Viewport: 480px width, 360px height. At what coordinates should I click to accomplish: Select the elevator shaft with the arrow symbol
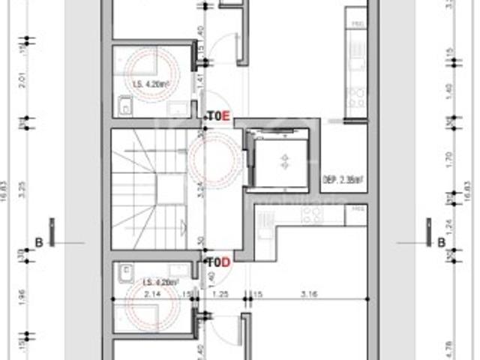pos(284,160)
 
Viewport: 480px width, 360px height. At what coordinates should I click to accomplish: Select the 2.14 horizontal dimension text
pos(153,294)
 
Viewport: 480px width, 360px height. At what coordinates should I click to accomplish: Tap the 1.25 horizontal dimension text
pos(222,294)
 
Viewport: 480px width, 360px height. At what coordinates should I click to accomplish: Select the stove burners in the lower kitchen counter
pos(310,216)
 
